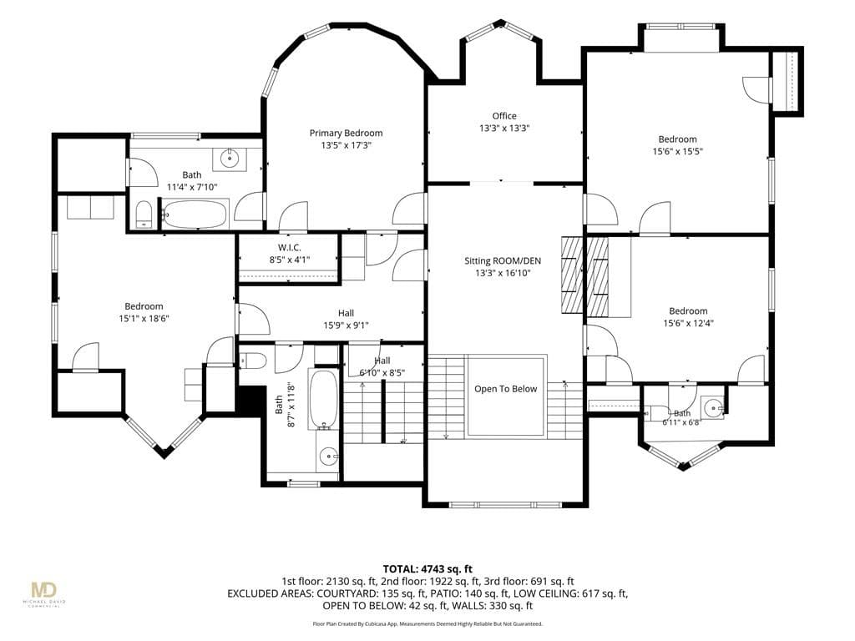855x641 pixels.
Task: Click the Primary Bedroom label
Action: pos(346,133)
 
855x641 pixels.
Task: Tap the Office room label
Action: pos(504,116)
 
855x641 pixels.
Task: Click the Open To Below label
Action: pos(505,389)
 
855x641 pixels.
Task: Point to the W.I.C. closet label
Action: pos(289,248)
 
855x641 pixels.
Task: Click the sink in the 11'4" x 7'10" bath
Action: pos(230,158)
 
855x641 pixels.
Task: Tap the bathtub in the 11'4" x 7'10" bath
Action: pos(195,214)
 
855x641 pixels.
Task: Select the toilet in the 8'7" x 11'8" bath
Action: pos(253,361)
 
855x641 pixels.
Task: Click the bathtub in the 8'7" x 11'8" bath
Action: pos(323,400)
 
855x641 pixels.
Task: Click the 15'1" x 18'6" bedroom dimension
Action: pos(144,318)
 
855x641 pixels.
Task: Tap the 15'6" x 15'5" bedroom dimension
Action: pos(677,152)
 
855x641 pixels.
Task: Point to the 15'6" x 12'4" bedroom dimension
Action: pos(688,323)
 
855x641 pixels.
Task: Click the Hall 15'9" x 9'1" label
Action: pos(346,320)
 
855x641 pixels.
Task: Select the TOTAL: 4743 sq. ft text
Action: pos(427,569)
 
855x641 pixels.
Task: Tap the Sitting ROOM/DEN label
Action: pos(502,260)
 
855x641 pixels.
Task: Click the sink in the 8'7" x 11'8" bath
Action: pos(327,457)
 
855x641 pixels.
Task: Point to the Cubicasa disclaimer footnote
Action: pos(427,623)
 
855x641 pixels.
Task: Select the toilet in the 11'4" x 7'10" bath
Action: pos(144,214)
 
